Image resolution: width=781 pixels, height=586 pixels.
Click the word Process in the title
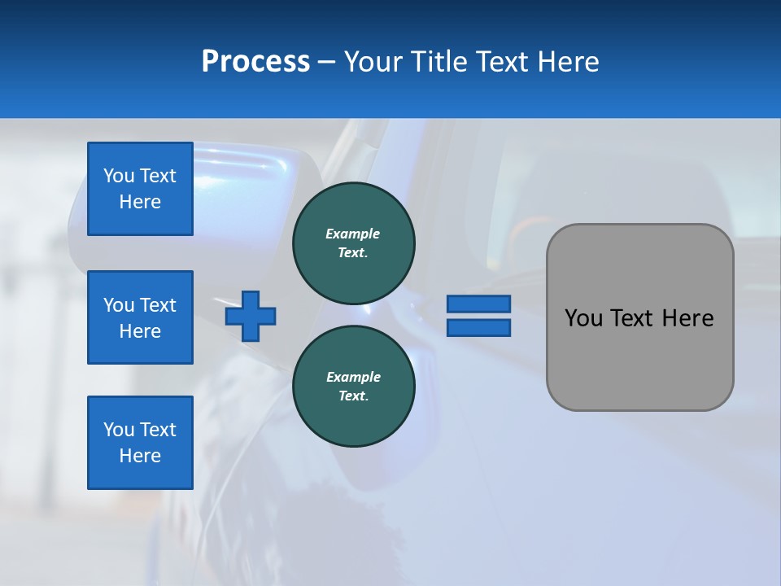click(255, 62)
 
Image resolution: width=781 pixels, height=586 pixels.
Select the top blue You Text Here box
click(140, 189)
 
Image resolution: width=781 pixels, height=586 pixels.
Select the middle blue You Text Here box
click(140, 317)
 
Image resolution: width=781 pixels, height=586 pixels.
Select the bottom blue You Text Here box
click(140, 443)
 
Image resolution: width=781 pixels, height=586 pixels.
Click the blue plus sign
click(251, 316)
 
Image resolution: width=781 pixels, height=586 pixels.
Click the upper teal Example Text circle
click(353, 243)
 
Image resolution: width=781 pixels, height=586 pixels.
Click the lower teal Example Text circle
click(353, 386)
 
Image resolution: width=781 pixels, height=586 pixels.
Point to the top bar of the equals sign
click(478, 304)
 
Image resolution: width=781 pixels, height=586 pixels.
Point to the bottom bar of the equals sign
click(478, 327)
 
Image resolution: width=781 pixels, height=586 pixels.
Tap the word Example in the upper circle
click(352, 234)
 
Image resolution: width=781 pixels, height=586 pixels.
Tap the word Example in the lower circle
click(353, 377)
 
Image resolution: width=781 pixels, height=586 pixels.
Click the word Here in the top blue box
click(140, 202)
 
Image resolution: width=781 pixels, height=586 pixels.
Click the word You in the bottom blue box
click(119, 430)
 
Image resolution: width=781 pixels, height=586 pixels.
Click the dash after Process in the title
click(326, 62)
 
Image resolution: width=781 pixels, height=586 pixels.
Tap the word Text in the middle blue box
click(157, 305)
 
